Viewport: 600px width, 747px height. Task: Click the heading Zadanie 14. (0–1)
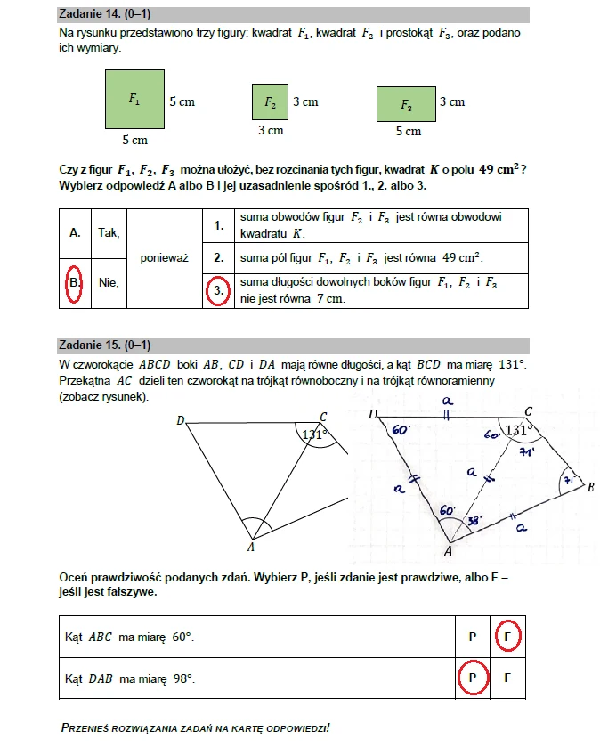pyautogui.click(x=102, y=14)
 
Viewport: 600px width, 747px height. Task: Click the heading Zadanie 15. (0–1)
pyautogui.click(x=102, y=345)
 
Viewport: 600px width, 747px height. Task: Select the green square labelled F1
pyautogui.click(x=134, y=101)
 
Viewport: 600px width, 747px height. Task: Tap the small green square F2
pyautogui.click(x=270, y=103)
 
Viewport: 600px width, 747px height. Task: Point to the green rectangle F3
pyautogui.click(x=406, y=104)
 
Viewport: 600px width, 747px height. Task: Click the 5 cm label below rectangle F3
pyautogui.click(x=408, y=132)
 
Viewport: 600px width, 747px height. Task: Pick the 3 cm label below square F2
pyautogui.click(x=271, y=131)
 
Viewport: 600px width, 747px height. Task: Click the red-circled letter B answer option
pyautogui.click(x=75, y=282)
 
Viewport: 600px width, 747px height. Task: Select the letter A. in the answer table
pyautogui.click(x=75, y=232)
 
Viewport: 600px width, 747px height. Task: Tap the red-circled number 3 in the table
pyautogui.click(x=215, y=290)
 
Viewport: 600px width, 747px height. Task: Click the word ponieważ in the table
pyautogui.click(x=164, y=257)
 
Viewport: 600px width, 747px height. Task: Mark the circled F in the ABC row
pyautogui.click(x=507, y=637)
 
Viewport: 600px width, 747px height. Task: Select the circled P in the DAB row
pyautogui.click(x=473, y=678)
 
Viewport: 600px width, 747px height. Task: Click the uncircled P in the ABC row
pyautogui.click(x=473, y=637)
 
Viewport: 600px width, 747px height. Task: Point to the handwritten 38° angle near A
pyautogui.click(x=475, y=522)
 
